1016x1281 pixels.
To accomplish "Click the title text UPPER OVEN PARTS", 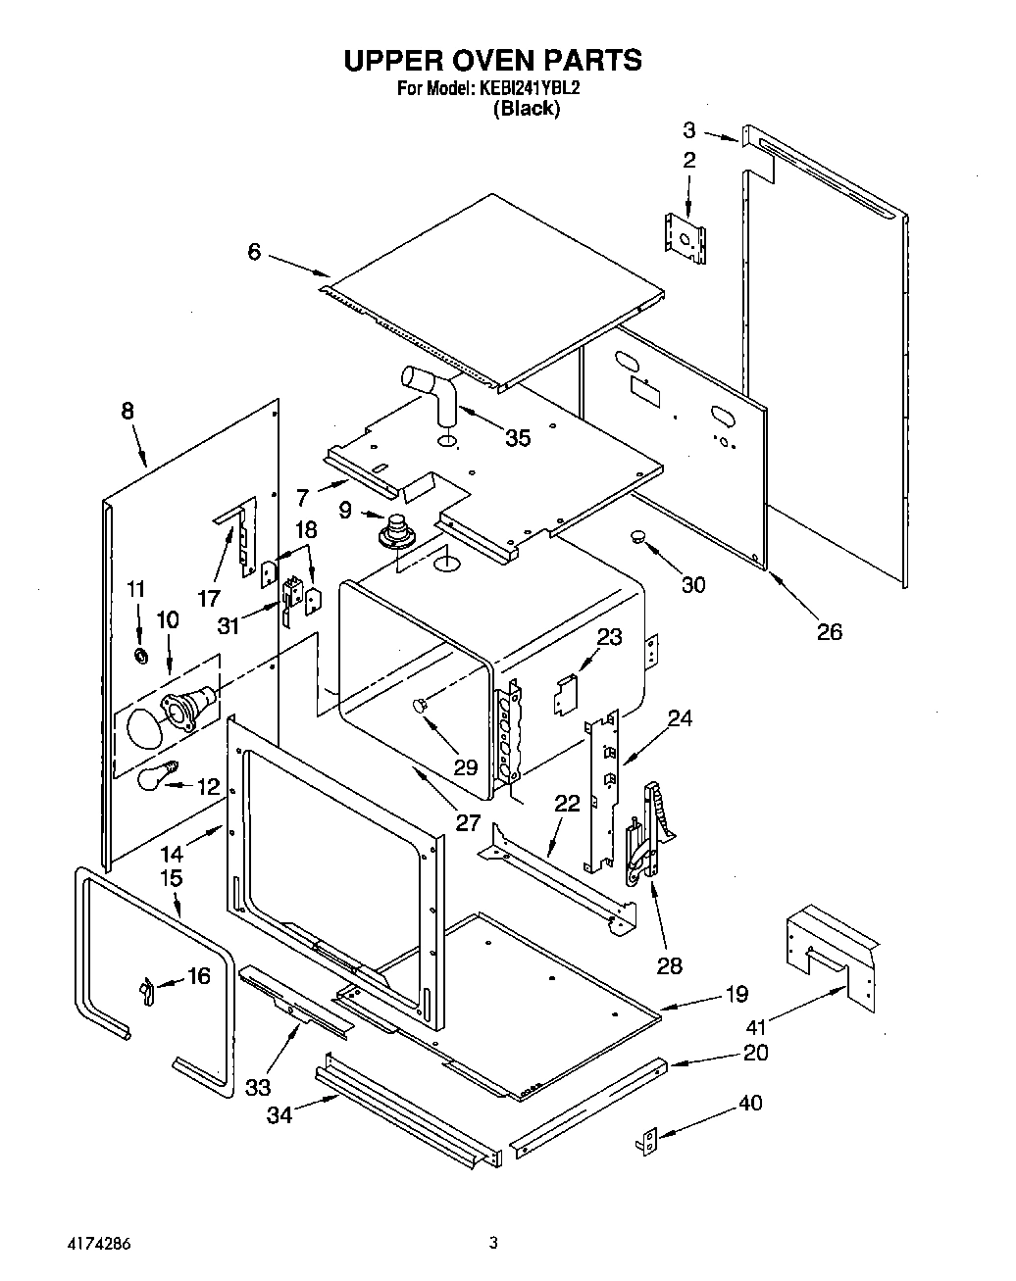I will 492,60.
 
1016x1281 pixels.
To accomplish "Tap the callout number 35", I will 517,438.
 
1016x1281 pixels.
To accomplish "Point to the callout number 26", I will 829,632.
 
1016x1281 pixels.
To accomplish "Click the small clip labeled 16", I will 147,991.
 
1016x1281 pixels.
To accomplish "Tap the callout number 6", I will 254,252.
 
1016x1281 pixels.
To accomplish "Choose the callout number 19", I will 737,995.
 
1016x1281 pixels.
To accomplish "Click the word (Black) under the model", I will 527,109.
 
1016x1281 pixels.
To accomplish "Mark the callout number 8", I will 127,411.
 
